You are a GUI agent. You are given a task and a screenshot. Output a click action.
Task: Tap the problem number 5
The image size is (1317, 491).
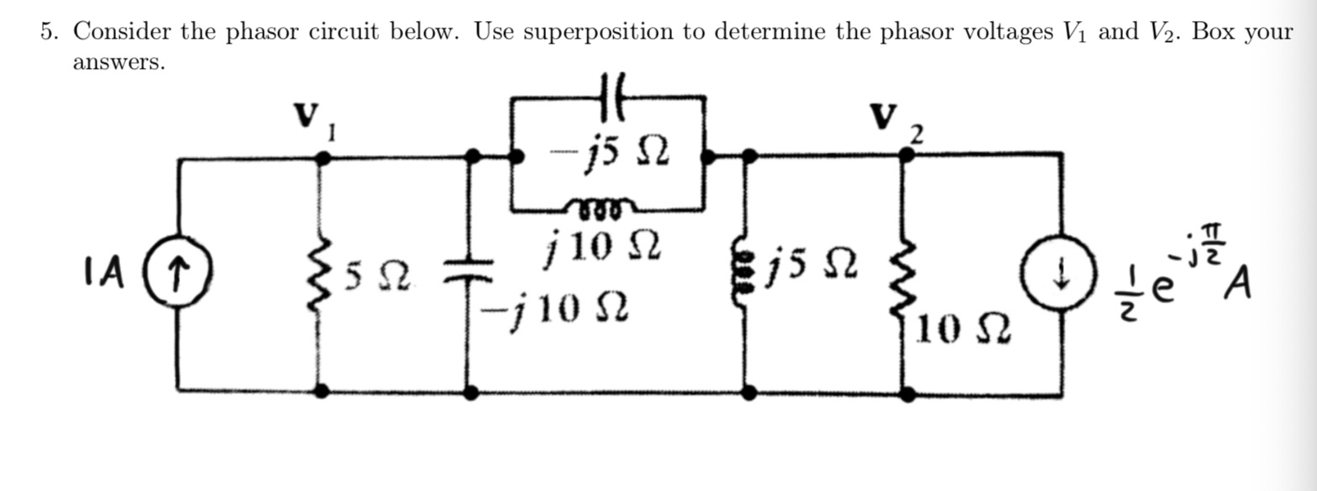[49, 32]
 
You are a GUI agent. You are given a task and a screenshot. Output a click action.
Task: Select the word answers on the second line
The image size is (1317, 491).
[118, 63]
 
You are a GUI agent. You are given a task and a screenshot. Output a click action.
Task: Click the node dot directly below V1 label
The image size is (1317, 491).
[320, 157]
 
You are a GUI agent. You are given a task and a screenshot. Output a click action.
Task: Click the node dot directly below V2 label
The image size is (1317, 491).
[905, 155]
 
